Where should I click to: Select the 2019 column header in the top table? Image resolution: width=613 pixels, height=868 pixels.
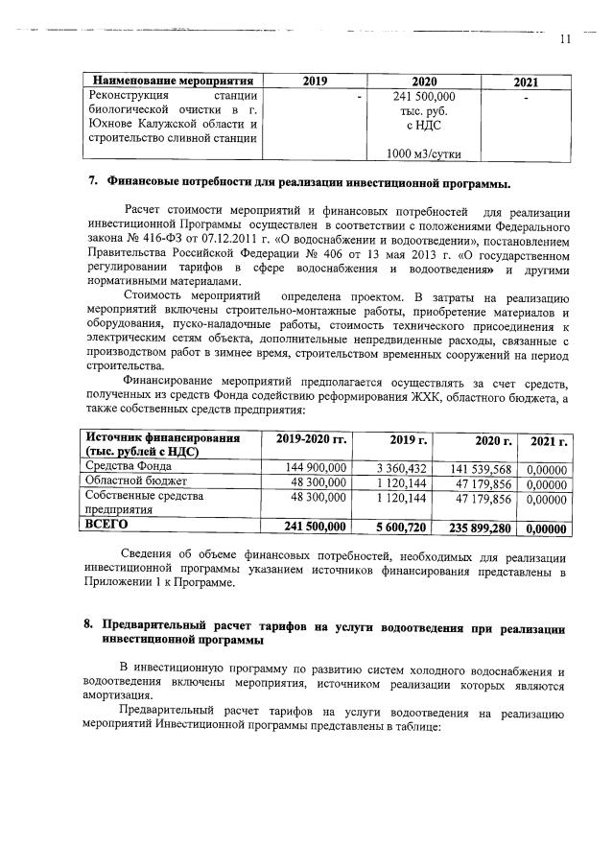[315, 82]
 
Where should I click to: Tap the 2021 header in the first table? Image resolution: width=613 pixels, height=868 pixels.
[527, 82]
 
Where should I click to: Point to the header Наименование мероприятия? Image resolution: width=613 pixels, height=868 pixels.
[172, 82]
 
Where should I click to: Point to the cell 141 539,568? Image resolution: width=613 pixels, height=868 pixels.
[483, 467]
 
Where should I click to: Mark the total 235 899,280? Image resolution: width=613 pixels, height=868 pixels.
[481, 527]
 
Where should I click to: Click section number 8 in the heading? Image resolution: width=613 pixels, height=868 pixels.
[91, 624]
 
